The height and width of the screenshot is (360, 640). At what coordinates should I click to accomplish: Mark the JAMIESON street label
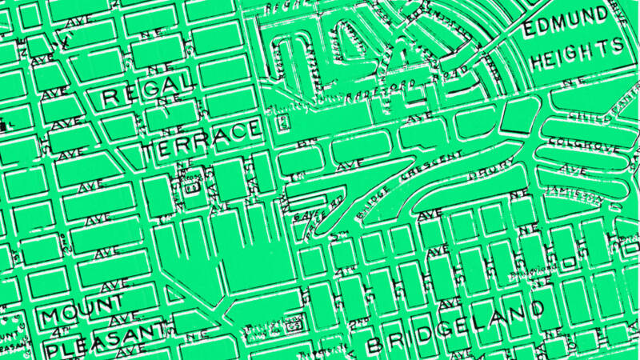573,192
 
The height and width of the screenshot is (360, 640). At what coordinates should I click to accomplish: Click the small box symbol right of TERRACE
282,124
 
